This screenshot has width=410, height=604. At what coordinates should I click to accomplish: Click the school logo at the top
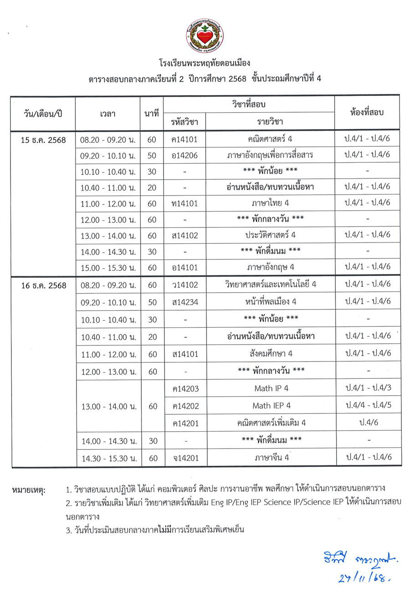[x=205, y=36]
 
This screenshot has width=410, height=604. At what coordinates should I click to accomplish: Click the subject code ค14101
[x=185, y=139]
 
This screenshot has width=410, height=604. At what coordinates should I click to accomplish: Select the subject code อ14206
[x=185, y=155]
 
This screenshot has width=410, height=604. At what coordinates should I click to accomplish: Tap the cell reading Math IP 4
[x=271, y=388]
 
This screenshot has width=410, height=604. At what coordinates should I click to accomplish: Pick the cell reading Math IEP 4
[x=272, y=405]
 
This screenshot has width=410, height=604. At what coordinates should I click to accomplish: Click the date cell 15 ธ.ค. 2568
[x=43, y=139]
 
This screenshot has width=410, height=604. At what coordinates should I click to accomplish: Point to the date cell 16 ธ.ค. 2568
[x=44, y=285]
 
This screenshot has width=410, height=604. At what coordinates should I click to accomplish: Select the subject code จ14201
[x=185, y=457]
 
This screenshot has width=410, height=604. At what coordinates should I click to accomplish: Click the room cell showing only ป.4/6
[x=368, y=423]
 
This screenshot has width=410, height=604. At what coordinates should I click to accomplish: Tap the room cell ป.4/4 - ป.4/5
[x=368, y=405]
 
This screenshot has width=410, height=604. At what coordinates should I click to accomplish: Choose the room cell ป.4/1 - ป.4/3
[x=368, y=388]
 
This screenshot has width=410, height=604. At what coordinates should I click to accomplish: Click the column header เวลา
[x=108, y=114]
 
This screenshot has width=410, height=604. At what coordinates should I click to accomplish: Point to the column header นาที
[x=152, y=114]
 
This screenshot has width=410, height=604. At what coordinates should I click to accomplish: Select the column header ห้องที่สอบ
[x=367, y=112]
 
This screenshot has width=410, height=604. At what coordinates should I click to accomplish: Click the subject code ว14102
[x=185, y=285]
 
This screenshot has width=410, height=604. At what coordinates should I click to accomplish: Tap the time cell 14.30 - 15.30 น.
[x=108, y=458]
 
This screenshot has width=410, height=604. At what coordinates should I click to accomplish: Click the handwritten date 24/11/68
[x=363, y=578]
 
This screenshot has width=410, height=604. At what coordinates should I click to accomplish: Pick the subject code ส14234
[x=185, y=302]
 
